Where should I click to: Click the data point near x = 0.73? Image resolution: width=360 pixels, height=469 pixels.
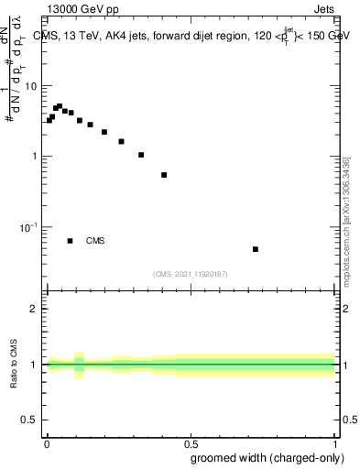tap(256, 249)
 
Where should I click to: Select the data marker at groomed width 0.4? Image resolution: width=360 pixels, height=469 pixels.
tap(164, 175)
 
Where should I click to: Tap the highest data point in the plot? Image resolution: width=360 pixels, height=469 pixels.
tap(60, 106)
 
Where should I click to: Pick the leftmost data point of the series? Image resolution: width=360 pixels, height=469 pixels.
tap(49, 120)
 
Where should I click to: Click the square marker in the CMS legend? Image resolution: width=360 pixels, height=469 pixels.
tap(71, 241)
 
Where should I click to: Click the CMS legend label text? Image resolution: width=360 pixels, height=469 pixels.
tap(95, 241)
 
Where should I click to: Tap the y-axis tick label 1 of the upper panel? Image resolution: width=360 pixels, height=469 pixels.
tap(38, 156)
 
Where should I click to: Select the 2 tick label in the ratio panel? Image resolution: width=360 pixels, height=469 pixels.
tap(38, 309)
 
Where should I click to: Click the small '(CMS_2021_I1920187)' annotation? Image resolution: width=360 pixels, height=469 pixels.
tap(191, 274)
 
